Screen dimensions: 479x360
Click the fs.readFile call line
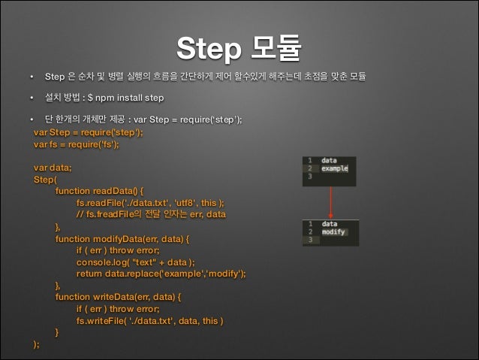[x=149, y=202]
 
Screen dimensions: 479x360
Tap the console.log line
[x=135, y=262]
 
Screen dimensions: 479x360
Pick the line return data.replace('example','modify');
[x=161, y=274]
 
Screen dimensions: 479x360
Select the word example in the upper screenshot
[x=334, y=169]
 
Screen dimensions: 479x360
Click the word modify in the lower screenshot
[x=333, y=232]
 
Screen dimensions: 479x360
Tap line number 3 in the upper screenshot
[x=309, y=177]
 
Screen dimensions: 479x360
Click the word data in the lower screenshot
[x=330, y=224]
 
